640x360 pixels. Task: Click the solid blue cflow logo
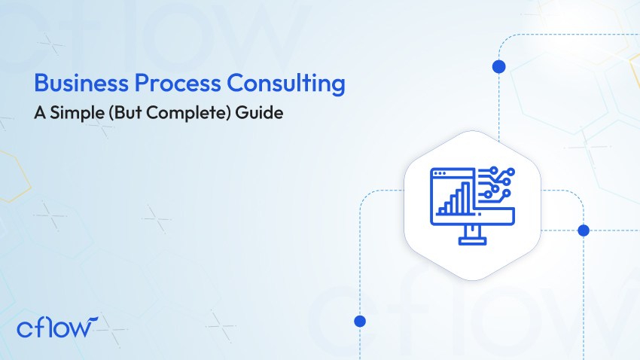57,328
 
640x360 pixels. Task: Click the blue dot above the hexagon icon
498,66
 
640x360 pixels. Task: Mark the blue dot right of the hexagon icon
582,230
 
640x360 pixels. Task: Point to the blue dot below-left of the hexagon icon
359,321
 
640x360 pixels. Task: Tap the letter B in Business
41,84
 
